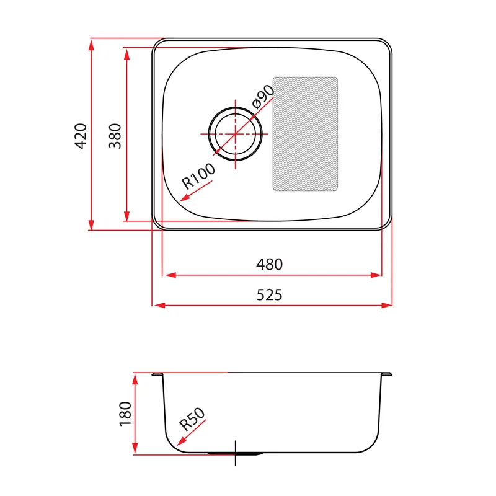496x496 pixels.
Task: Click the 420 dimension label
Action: point(81,136)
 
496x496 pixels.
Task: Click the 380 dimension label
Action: point(115,136)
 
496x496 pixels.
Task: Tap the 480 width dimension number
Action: point(270,265)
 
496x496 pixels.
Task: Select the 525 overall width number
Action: point(269,295)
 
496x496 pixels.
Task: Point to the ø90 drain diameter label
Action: point(263,96)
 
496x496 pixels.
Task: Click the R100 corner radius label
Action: point(198,176)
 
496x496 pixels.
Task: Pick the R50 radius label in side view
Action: point(192,420)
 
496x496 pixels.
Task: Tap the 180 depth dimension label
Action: point(125,414)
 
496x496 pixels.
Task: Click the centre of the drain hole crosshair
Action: point(236,134)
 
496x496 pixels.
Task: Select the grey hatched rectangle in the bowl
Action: point(305,134)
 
